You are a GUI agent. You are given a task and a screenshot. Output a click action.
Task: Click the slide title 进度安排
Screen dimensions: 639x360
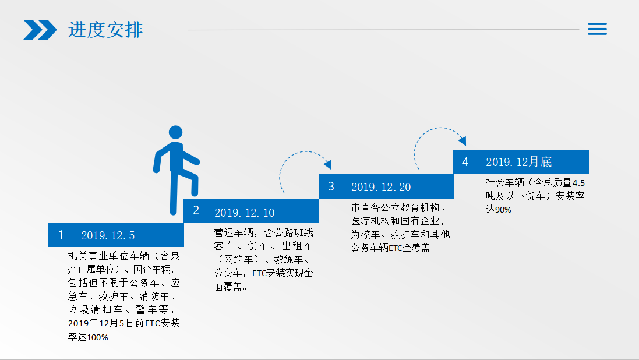coord(105,30)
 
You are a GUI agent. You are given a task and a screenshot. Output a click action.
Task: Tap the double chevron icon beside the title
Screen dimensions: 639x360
coord(40,30)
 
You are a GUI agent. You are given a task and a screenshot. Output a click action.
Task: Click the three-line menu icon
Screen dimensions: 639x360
coord(597,29)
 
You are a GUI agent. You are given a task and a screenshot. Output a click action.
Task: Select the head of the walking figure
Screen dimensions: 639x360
coord(176,132)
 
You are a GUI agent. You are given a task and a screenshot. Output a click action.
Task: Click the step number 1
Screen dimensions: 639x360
coord(61,235)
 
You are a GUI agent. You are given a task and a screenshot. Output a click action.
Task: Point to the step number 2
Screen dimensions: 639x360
coord(196,210)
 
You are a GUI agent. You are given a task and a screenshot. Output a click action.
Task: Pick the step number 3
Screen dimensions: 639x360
coord(331,187)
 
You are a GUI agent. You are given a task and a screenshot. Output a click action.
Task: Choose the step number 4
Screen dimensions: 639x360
coord(465,162)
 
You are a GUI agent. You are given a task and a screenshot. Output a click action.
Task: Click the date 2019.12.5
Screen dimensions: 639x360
coord(108,235)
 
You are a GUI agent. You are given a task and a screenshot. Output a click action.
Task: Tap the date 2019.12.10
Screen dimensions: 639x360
coord(244,213)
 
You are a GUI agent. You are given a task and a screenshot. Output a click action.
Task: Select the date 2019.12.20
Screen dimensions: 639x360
coord(381,187)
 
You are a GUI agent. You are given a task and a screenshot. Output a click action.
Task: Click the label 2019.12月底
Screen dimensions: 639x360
coord(518,162)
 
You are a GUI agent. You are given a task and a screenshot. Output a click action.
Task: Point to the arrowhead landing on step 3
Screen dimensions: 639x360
coord(327,164)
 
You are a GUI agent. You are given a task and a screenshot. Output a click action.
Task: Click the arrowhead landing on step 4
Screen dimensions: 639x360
coord(462,140)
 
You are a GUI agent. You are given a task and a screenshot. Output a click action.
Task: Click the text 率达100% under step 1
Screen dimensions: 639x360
coord(88,337)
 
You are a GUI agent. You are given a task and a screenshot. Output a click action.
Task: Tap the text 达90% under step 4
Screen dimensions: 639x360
coord(498,210)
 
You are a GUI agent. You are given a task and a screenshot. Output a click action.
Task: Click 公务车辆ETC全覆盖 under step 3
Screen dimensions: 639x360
coord(390,248)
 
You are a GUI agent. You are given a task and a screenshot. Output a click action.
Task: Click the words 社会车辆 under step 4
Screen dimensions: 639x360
coord(504,183)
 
